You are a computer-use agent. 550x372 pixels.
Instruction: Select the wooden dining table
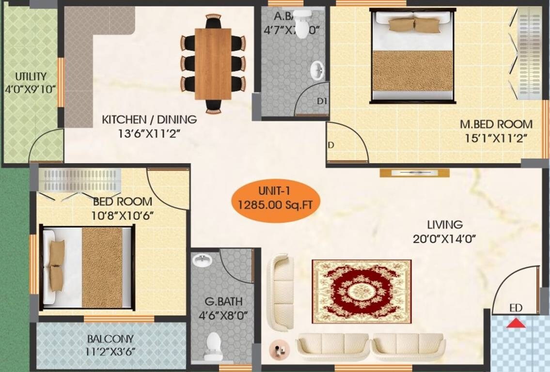(213, 63)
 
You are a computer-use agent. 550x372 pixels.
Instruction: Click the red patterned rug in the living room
(361, 292)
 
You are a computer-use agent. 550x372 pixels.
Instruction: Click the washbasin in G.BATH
(202, 260)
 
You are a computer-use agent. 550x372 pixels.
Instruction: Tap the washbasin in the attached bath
(316, 71)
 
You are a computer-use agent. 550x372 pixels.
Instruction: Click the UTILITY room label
(31, 77)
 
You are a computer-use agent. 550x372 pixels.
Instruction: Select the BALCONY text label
(110, 339)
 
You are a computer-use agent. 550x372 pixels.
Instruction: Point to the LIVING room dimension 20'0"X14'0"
(445, 238)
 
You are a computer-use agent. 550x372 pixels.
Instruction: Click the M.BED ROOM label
(496, 124)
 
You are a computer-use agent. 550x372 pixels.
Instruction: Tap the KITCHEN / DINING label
(149, 119)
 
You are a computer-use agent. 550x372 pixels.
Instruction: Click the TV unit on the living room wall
(414, 173)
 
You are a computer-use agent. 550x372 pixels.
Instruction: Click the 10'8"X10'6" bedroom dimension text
(123, 216)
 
